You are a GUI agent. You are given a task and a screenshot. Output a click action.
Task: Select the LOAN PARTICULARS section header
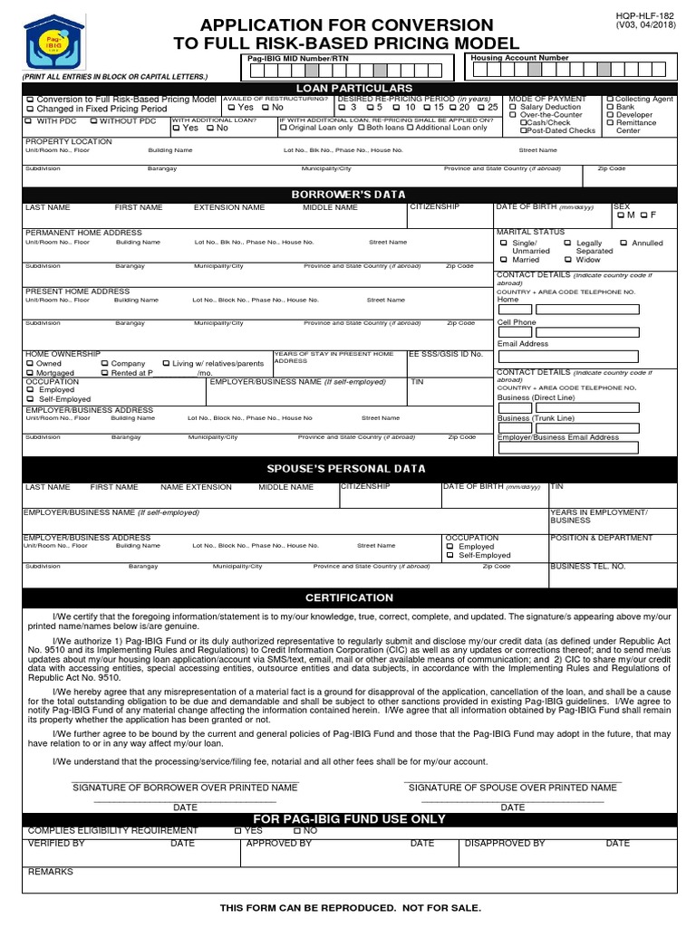tap(348, 87)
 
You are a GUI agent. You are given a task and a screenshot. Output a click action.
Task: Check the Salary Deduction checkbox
tap(514, 107)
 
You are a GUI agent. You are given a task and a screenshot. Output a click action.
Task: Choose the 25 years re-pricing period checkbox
tap(481, 107)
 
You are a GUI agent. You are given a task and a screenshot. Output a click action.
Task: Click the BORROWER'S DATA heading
tap(348, 195)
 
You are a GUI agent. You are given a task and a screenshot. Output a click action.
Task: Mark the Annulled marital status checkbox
tap(623, 243)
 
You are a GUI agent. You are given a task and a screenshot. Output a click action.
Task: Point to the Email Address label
tap(523, 344)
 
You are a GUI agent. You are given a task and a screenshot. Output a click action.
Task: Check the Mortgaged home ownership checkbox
tap(31, 372)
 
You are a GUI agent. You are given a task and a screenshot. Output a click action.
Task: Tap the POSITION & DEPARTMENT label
tap(601, 538)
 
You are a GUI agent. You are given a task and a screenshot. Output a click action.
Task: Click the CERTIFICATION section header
tap(349, 597)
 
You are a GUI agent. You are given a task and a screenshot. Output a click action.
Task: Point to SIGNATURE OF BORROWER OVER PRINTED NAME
tap(185, 788)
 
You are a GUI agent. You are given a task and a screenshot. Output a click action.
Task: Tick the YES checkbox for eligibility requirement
tap(238, 830)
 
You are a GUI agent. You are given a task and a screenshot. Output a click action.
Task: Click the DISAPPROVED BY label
tap(505, 843)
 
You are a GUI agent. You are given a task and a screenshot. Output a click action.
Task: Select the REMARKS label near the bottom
tap(51, 871)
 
